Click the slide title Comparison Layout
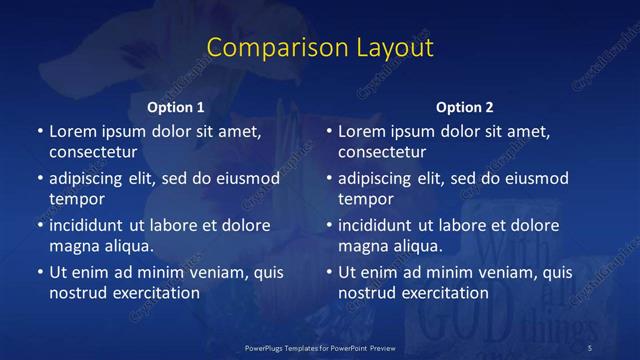pos(320,47)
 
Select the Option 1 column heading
pos(176,107)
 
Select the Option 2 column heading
pos(465,107)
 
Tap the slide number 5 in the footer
pos(590,347)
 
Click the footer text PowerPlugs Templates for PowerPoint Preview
pos(320,347)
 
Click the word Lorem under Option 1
pos(72,131)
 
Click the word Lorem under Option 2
pos(361,131)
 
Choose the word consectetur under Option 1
pos(93,153)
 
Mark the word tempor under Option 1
pos(74,200)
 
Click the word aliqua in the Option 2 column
pos(419,246)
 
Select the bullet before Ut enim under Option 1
pos(39,272)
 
